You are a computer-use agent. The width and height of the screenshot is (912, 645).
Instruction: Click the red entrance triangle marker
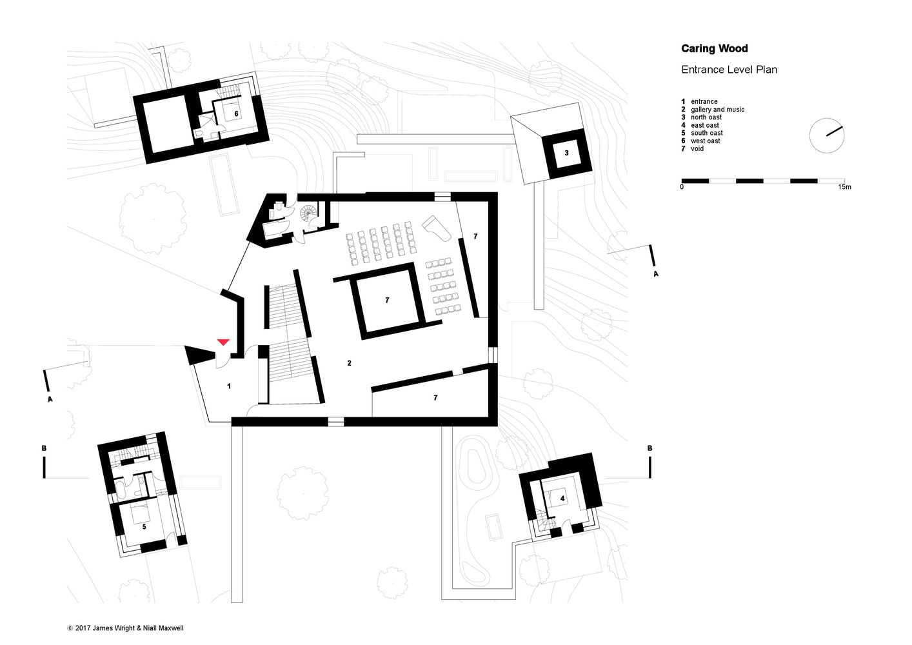(223, 342)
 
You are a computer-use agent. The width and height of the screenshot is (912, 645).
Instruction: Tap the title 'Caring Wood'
(715, 49)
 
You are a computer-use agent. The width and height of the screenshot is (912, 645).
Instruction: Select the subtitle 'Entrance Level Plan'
(729, 70)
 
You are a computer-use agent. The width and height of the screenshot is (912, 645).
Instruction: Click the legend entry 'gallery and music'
(717, 110)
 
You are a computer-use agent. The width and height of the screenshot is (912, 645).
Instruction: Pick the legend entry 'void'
(697, 148)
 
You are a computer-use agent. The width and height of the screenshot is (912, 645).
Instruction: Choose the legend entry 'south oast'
(707, 133)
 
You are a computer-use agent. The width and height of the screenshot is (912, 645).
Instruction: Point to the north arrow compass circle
(827, 135)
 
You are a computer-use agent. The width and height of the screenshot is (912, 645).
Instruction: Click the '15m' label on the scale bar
(844, 187)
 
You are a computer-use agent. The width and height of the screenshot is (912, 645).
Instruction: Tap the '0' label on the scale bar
(682, 187)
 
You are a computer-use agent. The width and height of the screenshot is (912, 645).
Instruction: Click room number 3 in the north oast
(566, 153)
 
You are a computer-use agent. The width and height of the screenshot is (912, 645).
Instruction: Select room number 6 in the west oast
(236, 114)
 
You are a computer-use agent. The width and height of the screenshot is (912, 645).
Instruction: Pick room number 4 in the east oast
(562, 499)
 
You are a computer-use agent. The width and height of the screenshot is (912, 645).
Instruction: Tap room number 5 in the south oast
(144, 527)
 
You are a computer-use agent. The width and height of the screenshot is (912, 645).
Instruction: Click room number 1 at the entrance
(229, 386)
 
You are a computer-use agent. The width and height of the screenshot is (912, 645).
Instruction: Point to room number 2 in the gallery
(350, 363)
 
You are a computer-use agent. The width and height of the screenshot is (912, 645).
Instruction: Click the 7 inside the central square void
(387, 301)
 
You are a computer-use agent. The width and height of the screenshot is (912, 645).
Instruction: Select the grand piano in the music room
(437, 228)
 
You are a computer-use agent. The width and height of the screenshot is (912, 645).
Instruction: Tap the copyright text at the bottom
(125, 628)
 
